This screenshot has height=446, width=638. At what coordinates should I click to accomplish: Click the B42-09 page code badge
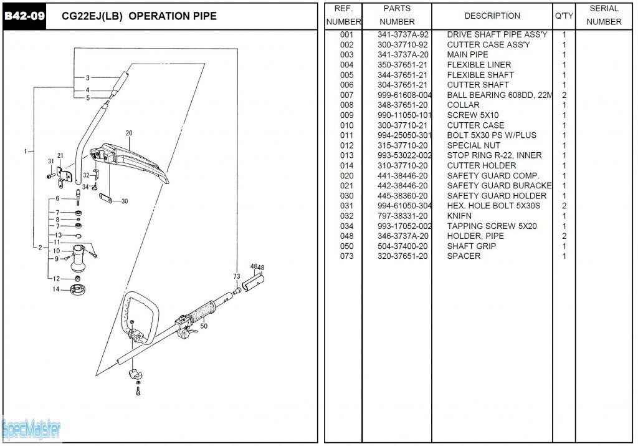tap(25, 16)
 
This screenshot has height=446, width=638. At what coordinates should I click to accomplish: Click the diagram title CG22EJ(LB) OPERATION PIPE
tap(140, 16)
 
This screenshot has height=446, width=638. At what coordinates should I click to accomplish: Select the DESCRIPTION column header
tap(492, 16)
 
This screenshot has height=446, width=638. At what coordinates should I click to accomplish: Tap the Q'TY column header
tap(564, 16)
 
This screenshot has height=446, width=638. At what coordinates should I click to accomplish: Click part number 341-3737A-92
tap(402, 35)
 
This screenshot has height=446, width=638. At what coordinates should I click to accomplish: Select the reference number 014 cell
tap(346, 166)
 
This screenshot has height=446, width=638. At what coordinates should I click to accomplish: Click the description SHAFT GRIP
tap(472, 246)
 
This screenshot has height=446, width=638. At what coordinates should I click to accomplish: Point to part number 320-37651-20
tap(402, 256)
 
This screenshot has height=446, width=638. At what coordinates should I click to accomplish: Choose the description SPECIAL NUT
tap(474, 145)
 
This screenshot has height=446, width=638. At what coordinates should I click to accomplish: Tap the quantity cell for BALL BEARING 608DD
tap(564, 95)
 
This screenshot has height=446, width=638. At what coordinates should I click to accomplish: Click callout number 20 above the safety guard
tap(129, 133)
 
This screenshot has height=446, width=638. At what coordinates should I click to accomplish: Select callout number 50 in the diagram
tap(204, 326)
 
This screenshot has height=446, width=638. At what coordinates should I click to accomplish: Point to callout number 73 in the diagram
tap(237, 276)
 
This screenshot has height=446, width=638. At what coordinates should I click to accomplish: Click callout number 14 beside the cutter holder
tap(55, 289)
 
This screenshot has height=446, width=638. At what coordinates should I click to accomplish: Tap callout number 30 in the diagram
tap(125, 201)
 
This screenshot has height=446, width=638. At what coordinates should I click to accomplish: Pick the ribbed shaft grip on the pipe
tap(205, 311)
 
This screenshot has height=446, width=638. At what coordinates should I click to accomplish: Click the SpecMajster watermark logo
tap(31, 429)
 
